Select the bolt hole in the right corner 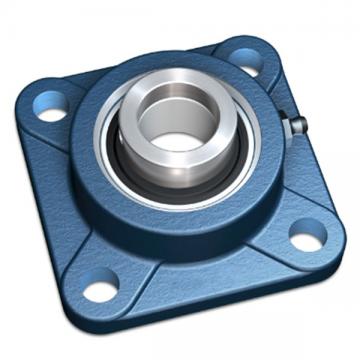pos(307,237)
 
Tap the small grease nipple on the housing pos(297,125)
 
